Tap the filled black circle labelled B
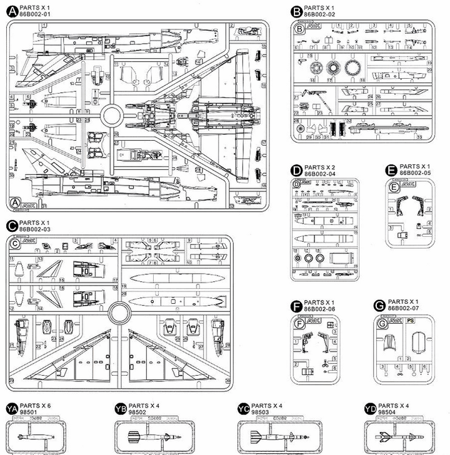click(x=297, y=11)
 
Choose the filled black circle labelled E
click(x=392, y=169)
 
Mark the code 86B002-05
click(x=415, y=172)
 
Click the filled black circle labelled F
click(x=297, y=306)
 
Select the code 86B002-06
click(x=320, y=309)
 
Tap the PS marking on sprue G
click(x=410, y=321)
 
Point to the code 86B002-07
click(x=404, y=309)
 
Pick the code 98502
click(x=136, y=412)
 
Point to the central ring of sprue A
click(x=111, y=114)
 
